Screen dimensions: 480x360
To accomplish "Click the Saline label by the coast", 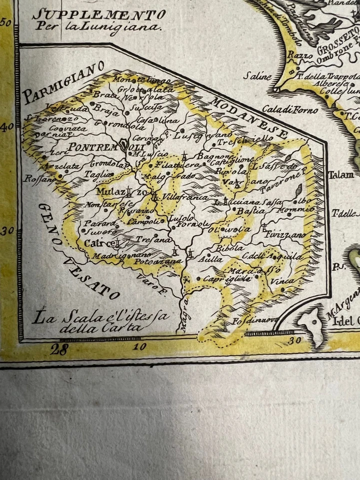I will pyautogui.click(x=257, y=76).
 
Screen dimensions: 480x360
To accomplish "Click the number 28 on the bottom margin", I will pyautogui.click(x=58, y=349).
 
